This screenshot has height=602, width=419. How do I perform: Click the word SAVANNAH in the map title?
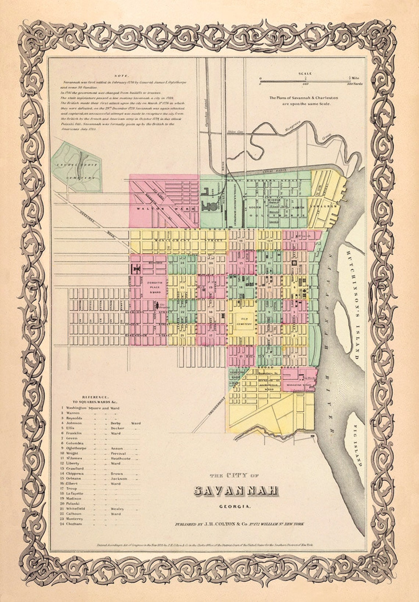[x=235, y=491]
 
